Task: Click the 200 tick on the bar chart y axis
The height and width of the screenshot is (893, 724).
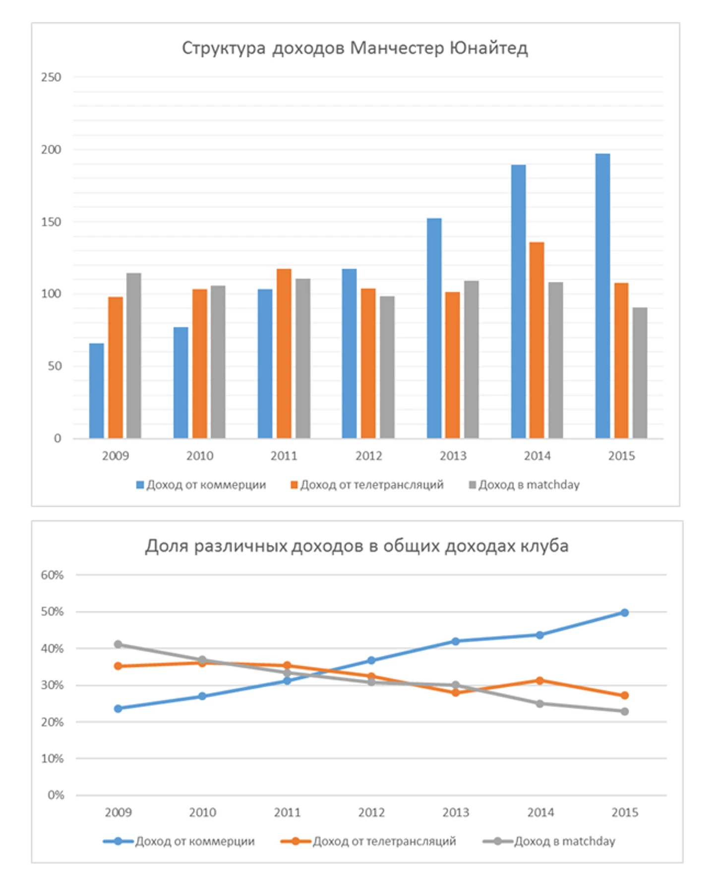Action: point(51,150)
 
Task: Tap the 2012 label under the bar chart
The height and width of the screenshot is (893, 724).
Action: point(368,456)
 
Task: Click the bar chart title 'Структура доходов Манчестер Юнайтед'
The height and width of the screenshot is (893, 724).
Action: point(355,48)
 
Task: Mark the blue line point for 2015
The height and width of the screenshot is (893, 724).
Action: point(624,613)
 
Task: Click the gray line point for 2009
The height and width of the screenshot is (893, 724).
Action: point(118,645)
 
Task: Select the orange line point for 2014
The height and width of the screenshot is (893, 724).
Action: point(540,681)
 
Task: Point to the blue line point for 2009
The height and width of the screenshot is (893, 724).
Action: point(118,709)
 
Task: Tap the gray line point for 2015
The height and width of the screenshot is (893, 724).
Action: point(624,712)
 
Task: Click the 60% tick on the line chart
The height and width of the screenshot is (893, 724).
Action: point(52,575)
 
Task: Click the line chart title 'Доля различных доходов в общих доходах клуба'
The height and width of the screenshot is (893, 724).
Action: point(357,546)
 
